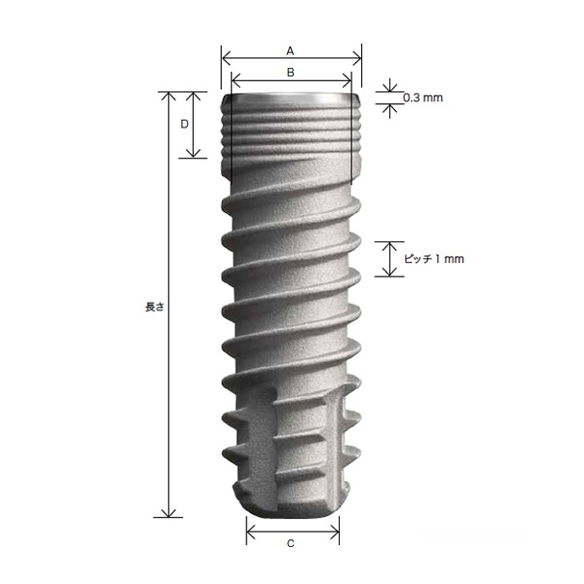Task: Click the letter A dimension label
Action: [x=290, y=51]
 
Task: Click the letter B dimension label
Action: [x=291, y=72]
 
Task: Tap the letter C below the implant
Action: [x=291, y=544]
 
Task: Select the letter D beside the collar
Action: [x=184, y=124]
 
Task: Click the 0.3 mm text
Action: [x=422, y=98]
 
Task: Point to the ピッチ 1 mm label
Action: [x=434, y=259]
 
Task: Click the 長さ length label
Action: [x=154, y=307]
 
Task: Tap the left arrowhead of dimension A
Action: [x=227, y=58]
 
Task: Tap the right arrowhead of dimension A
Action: [x=356, y=58]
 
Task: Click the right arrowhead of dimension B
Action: [x=347, y=80]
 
